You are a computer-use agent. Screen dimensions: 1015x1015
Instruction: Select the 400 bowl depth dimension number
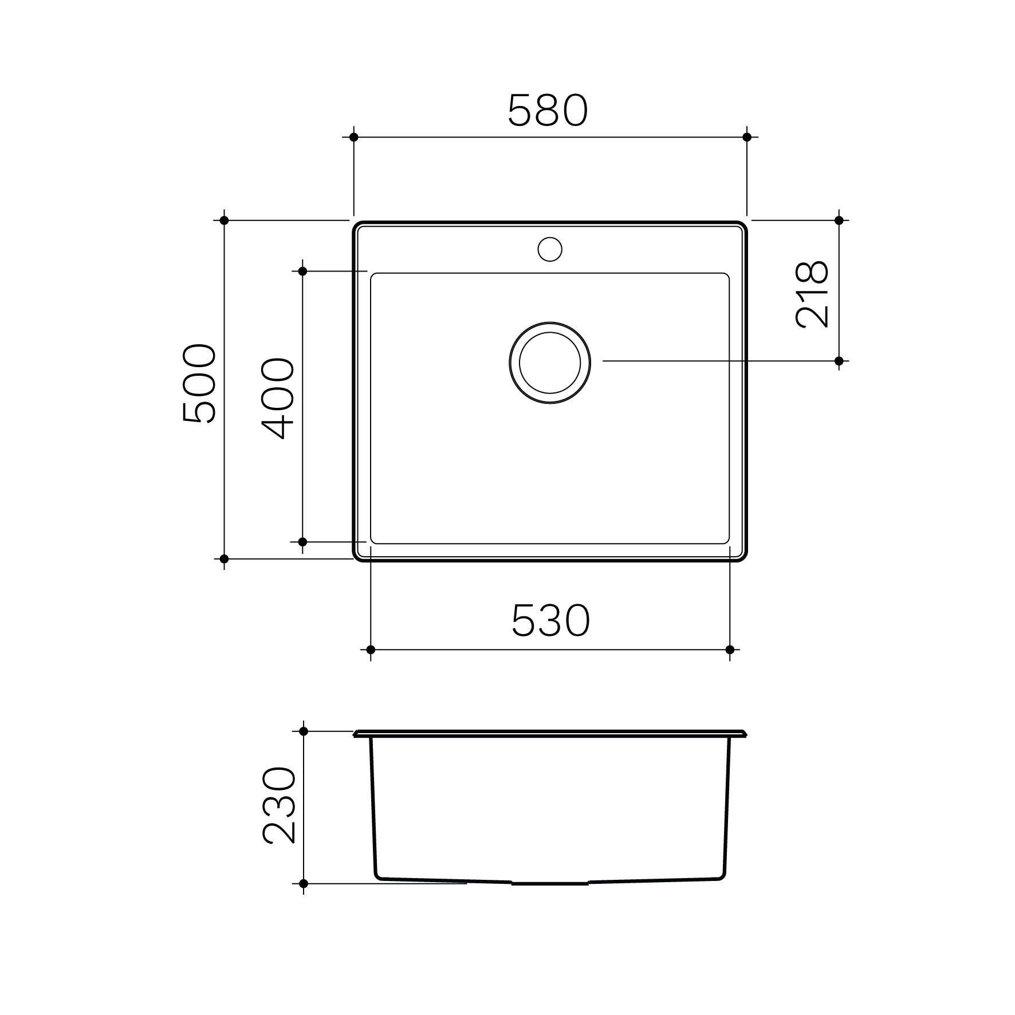[x=278, y=399]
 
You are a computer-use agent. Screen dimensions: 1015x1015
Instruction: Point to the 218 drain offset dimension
[x=812, y=294]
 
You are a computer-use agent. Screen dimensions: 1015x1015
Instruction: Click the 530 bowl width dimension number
[x=550, y=621]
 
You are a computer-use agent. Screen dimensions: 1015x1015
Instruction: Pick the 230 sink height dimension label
[x=279, y=806]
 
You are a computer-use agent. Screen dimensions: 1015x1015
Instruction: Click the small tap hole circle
[x=550, y=249]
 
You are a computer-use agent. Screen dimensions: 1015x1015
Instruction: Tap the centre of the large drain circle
[x=550, y=363]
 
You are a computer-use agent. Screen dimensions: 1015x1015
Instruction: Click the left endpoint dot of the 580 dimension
[x=353, y=137]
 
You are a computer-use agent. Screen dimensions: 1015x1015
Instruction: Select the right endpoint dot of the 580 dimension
[x=746, y=137]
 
